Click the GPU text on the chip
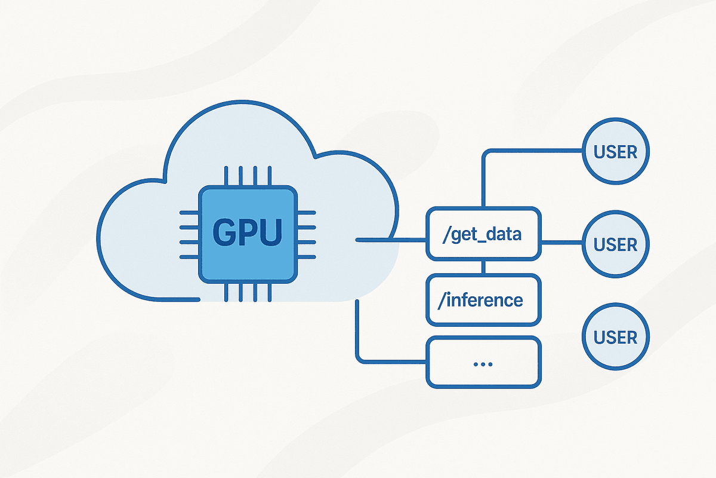click(x=248, y=233)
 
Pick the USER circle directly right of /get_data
click(x=615, y=244)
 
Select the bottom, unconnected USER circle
click(x=615, y=337)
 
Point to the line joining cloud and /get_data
click(x=391, y=240)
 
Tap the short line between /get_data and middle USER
click(x=561, y=243)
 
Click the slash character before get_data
click(x=445, y=234)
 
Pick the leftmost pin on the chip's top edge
click(x=226, y=177)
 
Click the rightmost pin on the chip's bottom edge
click(x=269, y=292)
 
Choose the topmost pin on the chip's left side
click(x=189, y=212)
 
